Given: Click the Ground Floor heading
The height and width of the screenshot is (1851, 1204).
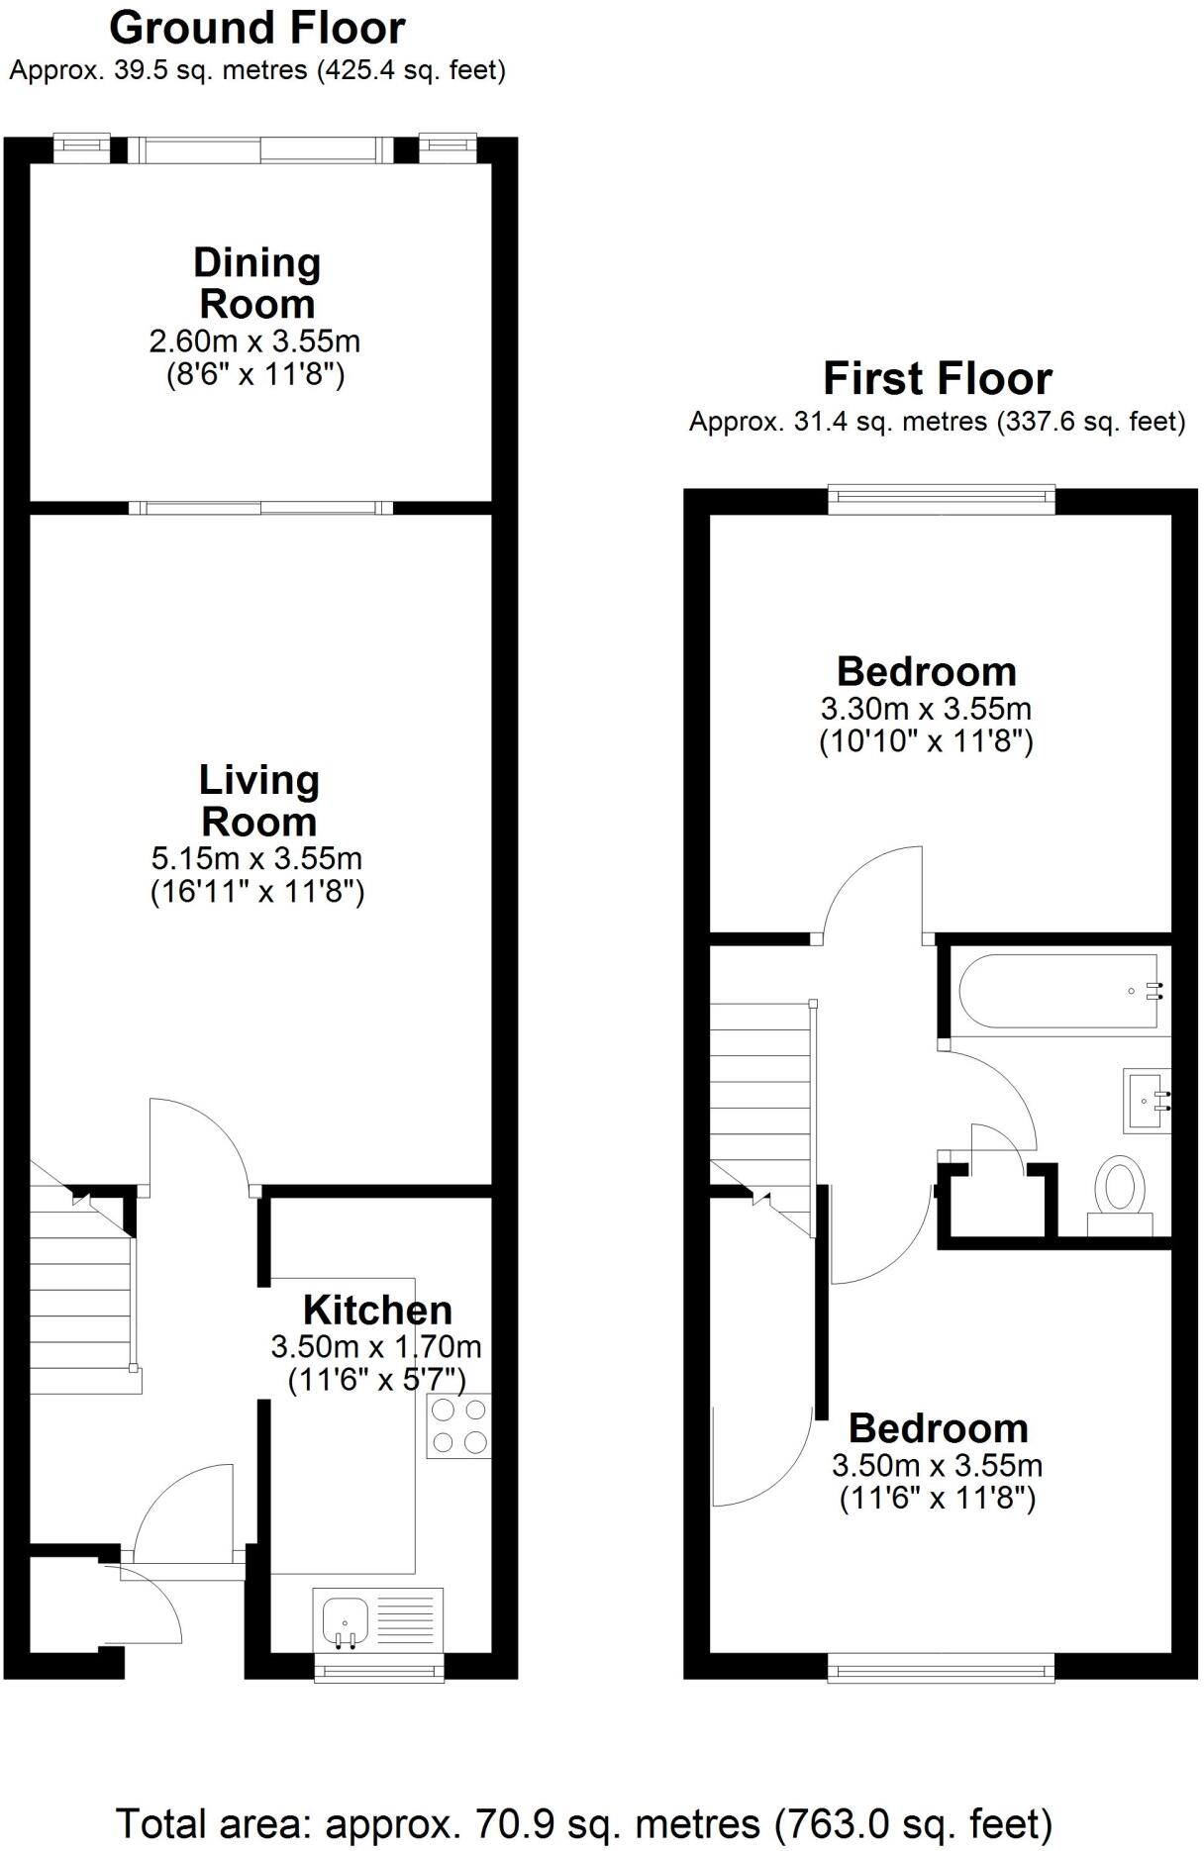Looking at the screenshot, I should point(256,29).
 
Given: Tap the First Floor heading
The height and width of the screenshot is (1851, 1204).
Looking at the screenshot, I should point(937,379).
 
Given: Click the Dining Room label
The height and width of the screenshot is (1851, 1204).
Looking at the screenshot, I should point(257,283).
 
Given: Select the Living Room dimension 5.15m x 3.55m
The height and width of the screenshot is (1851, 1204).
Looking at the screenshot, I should point(256,857).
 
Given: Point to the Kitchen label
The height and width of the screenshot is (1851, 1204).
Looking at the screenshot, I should point(377,1310).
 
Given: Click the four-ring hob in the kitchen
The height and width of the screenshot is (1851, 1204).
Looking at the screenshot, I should point(458,1426).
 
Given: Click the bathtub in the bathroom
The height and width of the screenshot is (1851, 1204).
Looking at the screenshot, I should point(1056,991).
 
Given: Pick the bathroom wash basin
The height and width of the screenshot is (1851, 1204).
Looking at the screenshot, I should point(1147,1099).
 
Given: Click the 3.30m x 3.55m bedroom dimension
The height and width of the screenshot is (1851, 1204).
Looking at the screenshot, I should point(926,709).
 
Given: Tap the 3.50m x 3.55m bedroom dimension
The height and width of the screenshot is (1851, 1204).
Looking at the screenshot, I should point(937,1465).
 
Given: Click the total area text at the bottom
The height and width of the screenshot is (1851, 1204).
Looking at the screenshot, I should point(584,1822).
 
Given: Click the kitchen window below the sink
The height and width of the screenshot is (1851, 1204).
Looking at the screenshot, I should point(378,1672).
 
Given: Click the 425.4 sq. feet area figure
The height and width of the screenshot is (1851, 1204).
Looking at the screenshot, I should point(410,70).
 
